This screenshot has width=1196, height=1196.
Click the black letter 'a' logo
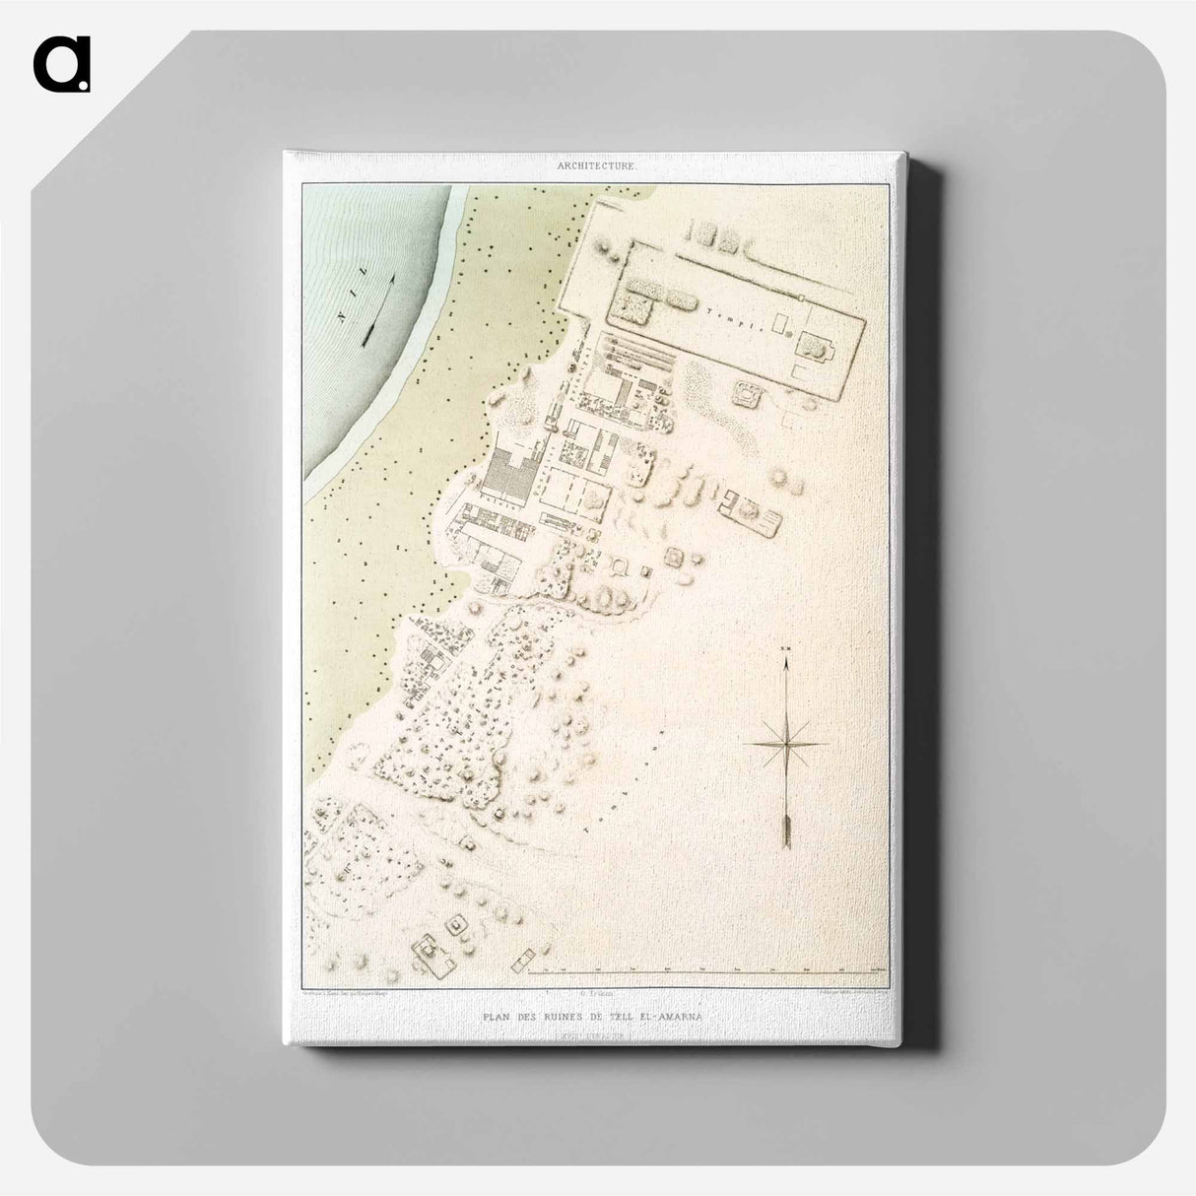coord(61,64)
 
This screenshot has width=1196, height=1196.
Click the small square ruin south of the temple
coord(746,395)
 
